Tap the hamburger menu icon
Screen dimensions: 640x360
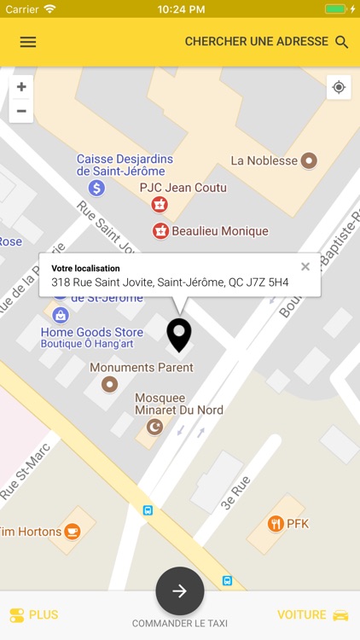[x=28, y=42]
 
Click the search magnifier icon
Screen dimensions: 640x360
[x=342, y=42]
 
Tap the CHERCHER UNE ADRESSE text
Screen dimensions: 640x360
[x=256, y=42]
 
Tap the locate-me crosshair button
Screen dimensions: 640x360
[x=339, y=87]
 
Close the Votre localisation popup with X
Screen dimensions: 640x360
[x=305, y=266]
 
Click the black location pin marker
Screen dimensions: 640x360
[x=178, y=334]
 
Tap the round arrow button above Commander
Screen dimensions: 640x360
[x=180, y=591]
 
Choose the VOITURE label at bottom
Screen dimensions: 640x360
[x=302, y=614]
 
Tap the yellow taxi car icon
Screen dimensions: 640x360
[x=340, y=615]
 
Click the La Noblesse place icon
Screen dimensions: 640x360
[x=309, y=160]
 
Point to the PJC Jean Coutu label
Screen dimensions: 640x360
[x=183, y=188]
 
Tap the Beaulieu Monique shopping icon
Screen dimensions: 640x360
[x=160, y=230]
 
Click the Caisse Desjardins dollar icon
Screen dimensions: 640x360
[x=96, y=188]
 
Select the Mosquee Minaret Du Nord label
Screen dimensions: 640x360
[x=179, y=404]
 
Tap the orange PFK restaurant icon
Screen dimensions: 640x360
[x=275, y=524]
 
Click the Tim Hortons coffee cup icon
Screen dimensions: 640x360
[x=73, y=532]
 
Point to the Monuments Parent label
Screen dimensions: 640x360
[x=142, y=368]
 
